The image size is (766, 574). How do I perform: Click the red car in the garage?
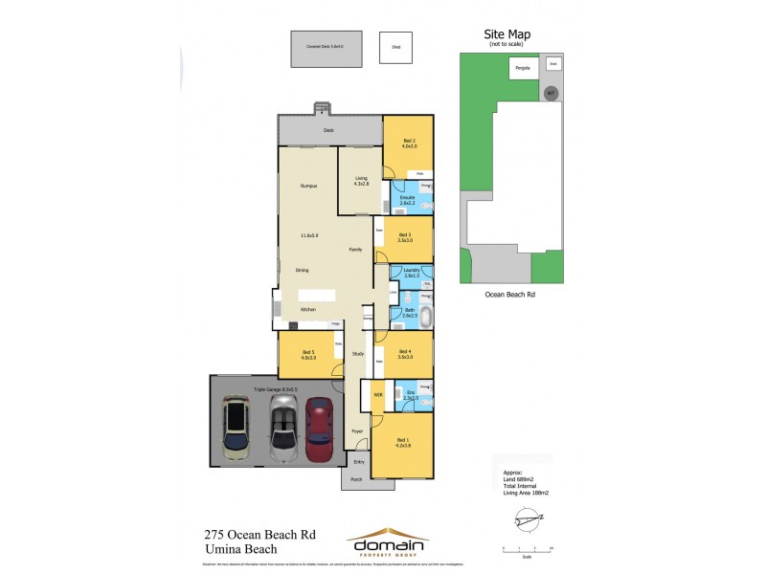pyautogui.click(x=317, y=430)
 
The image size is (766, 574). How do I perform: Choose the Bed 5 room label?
pyautogui.click(x=308, y=355)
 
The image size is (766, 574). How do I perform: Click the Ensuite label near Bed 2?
pyautogui.click(x=406, y=200)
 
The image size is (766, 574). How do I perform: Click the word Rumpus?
pyautogui.click(x=308, y=186)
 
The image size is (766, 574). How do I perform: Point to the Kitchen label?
pyautogui.click(x=308, y=310)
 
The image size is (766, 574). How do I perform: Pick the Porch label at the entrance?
pyautogui.click(x=356, y=479)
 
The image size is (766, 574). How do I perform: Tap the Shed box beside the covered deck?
pyautogui.click(x=393, y=47)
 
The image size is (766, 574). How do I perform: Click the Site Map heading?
pyautogui.click(x=507, y=35)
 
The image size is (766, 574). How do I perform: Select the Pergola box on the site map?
pyautogui.click(x=523, y=68)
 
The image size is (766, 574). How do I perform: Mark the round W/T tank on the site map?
pyautogui.click(x=550, y=93)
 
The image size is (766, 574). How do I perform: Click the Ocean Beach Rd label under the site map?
pyautogui.click(x=508, y=295)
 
